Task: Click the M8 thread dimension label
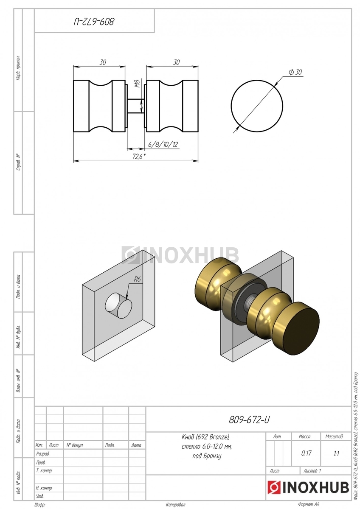[137, 84]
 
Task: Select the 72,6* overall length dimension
[139, 157]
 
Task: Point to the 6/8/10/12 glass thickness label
[163, 144]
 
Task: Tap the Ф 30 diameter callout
[295, 72]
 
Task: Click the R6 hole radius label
[137, 279]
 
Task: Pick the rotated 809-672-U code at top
[94, 22]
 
